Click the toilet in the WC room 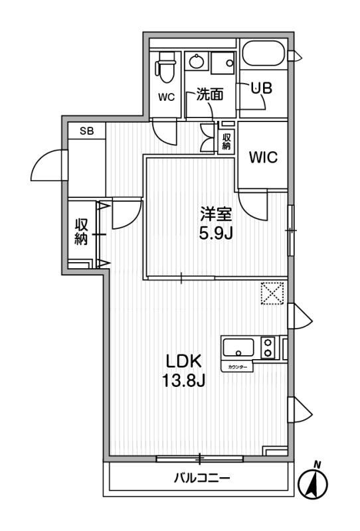click(x=165, y=68)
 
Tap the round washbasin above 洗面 click(x=197, y=62)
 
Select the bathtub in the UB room click(x=264, y=54)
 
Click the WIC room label click(x=263, y=157)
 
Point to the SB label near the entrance click(x=87, y=131)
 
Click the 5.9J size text click(x=216, y=234)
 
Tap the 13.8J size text click(x=183, y=381)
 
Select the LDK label click(x=183, y=361)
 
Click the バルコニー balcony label click(x=202, y=478)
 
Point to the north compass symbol click(x=314, y=482)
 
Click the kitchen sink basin click(x=238, y=347)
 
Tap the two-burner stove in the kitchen click(x=268, y=347)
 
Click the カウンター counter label click(x=237, y=367)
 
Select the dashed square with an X click(x=272, y=293)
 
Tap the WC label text click(x=166, y=97)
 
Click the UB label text click(x=262, y=88)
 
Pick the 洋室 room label click(x=216, y=214)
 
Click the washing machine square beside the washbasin click(x=223, y=62)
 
